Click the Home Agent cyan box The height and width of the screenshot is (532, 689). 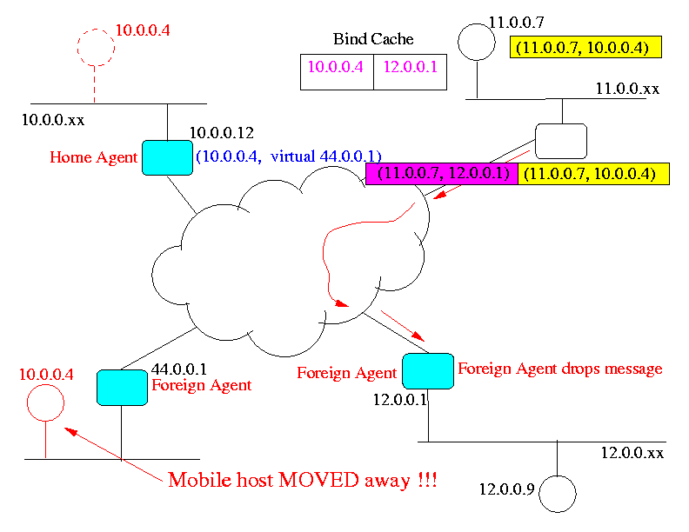[165, 157]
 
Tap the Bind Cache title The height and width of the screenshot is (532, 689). [373, 39]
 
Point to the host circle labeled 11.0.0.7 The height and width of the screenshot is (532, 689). [475, 39]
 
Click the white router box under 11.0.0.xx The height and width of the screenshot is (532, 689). [560, 139]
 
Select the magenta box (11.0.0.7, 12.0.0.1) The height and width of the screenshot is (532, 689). [441, 174]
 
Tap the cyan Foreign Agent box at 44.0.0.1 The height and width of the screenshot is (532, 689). [121, 387]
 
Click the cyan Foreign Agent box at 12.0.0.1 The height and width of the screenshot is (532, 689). [427, 370]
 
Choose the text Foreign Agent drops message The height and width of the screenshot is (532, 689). [559, 369]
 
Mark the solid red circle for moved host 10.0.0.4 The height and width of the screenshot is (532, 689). [47, 402]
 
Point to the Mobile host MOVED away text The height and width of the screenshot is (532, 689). [302, 480]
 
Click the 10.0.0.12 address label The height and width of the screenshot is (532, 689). [221, 133]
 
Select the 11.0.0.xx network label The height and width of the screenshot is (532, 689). [626, 89]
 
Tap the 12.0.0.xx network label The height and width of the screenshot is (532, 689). [632, 453]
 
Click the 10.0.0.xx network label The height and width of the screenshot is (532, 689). [53, 116]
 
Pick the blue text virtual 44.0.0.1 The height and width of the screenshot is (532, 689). [325, 157]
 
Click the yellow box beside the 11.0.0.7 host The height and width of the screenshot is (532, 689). [585, 48]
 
